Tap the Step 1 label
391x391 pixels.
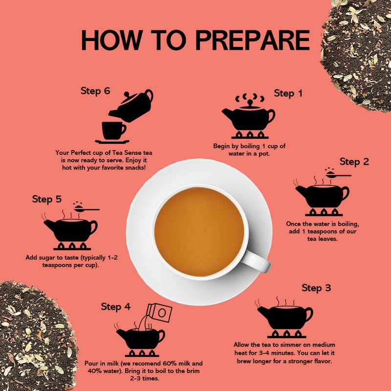[x=291, y=93]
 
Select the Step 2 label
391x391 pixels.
[x=354, y=162]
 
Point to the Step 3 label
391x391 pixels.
[x=316, y=288]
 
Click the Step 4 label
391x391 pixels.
[x=116, y=307]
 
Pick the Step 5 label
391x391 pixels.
[x=47, y=199]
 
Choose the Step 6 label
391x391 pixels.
[x=95, y=91]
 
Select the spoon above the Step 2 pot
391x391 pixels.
[x=337, y=174]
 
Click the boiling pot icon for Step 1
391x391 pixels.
[x=248, y=117]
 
